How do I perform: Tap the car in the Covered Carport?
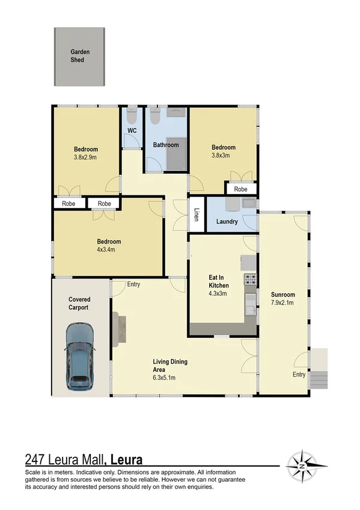pos(80,355)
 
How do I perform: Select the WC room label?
pos(132,131)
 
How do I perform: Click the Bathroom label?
pos(165,145)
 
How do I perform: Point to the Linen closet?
pos(195,215)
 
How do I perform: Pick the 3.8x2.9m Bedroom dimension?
pos(86,157)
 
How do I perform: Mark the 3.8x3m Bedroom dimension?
pos(223,155)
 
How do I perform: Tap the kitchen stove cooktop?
pos(249,280)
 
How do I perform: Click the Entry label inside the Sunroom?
pos(299,375)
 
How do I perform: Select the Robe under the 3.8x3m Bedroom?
pos(240,189)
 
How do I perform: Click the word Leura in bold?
pos(126,460)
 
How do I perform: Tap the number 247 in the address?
pos(36,460)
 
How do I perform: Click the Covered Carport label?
pos(79,303)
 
